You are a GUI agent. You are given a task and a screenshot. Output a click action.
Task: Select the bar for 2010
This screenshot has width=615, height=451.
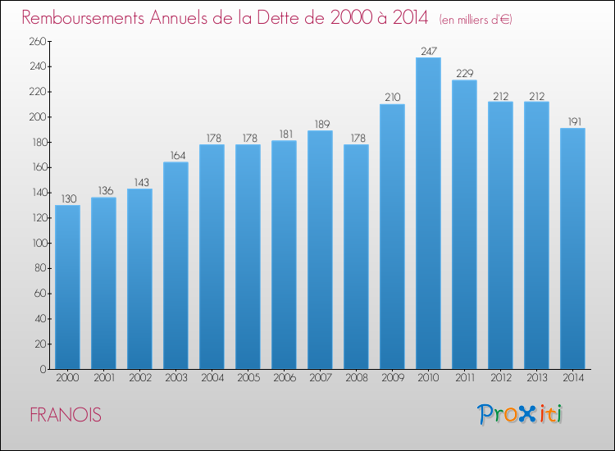pos(428,213)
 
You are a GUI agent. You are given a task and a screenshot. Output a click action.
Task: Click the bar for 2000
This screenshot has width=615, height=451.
pos(67,287)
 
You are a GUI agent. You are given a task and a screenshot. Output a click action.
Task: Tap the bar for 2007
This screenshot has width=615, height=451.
pos(320,250)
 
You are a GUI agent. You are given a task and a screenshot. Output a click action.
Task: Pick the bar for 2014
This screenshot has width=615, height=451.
pos(572,248)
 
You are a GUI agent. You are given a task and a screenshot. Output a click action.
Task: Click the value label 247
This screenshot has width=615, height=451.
pos(429,51)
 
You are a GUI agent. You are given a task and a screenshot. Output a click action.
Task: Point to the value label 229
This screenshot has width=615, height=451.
pos(465,73)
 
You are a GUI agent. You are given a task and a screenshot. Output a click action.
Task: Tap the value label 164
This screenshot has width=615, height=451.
pos(178,155)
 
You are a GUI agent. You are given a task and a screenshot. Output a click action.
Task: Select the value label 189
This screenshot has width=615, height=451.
pos(322,125)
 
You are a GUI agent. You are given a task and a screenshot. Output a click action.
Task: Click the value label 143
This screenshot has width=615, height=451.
pos(142,182)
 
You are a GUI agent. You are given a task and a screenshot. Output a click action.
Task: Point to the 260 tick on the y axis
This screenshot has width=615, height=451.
pos(38,41)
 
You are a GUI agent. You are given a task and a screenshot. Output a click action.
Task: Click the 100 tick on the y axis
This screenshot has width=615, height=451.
pos(39,244)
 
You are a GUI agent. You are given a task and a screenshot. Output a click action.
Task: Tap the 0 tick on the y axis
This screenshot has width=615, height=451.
pos(43,370)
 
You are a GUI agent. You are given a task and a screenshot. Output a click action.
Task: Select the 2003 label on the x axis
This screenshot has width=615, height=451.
pos(176,378)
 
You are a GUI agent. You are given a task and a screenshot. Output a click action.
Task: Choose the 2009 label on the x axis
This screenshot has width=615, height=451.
pos(393,378)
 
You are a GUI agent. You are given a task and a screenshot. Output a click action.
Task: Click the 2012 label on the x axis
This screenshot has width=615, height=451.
pos(501,378)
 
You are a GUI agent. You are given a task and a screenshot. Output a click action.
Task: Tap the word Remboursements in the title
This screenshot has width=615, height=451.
pos(83,18)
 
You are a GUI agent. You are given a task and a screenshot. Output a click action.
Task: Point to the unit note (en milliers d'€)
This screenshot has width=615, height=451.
pos(476,20)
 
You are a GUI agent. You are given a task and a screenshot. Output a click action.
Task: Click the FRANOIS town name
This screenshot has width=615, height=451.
pos(66,415)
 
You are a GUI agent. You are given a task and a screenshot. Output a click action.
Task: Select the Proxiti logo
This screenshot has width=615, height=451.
pos(520,414)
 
